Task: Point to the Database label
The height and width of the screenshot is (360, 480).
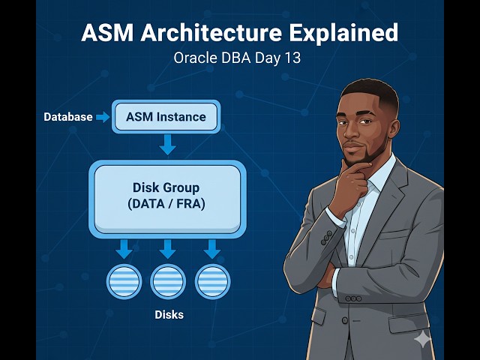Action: click(x=67, y=117)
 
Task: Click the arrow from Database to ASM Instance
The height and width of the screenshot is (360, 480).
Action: click(x=103, y=117)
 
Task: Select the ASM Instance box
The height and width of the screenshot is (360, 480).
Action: click(x=166, y=117)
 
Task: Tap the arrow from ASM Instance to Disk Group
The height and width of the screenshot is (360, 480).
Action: click(x=168, y=145)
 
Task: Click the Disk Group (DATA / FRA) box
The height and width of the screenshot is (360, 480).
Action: click(x=167, y=196)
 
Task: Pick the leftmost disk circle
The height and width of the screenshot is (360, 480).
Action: click(x=124, y=282)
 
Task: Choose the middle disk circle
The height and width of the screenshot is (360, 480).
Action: click(x=168, y=282)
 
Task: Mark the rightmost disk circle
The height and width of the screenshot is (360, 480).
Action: click(x=212, y=282)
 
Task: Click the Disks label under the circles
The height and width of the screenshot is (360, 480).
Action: click(x=168, y=315)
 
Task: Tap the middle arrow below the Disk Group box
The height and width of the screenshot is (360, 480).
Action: click(x=168, y=248)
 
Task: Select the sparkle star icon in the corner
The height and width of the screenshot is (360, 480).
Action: click(x=422, y=339)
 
